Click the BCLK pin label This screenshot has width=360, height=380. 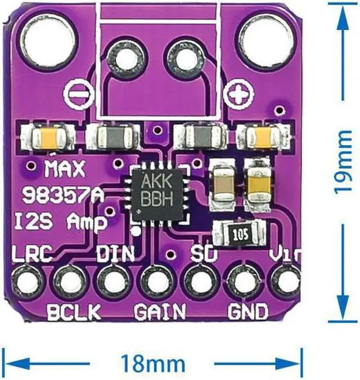pos(73,310)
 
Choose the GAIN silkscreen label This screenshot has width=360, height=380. pos(160,310)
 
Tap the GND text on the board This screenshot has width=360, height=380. pos(247,310)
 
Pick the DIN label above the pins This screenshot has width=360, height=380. pos(115,254)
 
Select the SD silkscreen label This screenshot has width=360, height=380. pos(204,254)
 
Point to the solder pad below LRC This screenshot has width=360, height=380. pos(26,280)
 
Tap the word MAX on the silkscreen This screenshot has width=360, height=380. pos(64,168)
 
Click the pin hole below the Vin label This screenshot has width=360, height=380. pos(287,280)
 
